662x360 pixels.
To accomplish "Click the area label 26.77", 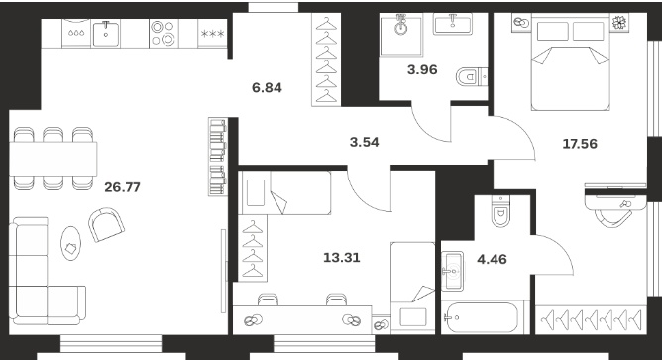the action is coord(122,187).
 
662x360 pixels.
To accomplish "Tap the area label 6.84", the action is coord(267,88).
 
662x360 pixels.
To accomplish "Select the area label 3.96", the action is coord(422,69).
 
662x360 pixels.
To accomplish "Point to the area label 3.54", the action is coord(365,142).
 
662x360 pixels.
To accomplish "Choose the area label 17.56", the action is coord(580,144).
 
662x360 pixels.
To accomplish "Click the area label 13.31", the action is coord(342,257).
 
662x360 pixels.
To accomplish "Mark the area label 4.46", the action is coord(492,259).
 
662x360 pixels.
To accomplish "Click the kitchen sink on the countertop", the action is coord(106,34).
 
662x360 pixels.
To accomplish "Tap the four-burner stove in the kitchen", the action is coord(164,33).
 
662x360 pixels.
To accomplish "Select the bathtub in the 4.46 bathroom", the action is coord(482,317).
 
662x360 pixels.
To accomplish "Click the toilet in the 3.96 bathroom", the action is coord(472,77).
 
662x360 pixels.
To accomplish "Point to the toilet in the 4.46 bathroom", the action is coord(501,211).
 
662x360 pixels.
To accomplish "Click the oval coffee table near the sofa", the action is coord(70,243).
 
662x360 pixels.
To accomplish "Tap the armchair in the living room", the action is coord(106,224).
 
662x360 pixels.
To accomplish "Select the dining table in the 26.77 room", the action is coord(54,159).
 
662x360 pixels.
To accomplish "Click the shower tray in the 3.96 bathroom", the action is coord(401,35).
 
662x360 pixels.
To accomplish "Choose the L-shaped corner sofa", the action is coord(48,272).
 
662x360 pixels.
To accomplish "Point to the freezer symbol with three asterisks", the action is coord(212,34).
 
